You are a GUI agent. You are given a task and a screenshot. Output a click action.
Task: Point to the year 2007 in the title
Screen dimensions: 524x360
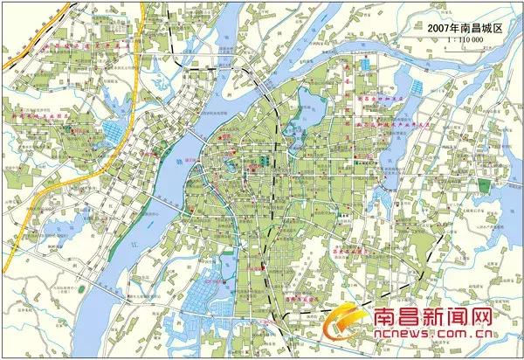(x=438, y=29)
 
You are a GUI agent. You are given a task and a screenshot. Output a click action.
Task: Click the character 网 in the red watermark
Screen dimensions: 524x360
(x=501, y=321)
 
